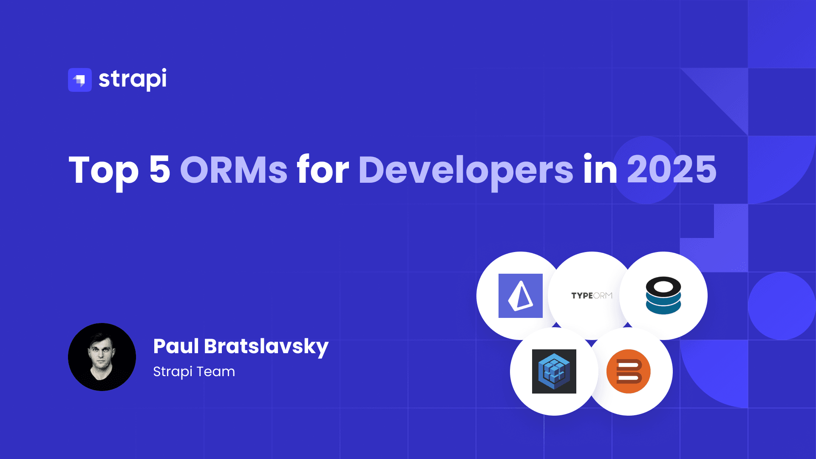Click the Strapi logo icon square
80,80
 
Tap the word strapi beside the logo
133,79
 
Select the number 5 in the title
160,169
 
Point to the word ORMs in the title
234,169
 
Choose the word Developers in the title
466,172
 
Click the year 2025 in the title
671,169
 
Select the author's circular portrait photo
102,357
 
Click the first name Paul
176,346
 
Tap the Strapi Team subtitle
194,371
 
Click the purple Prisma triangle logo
521,296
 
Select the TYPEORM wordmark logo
592,295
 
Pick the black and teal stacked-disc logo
663,295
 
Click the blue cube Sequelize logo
554,371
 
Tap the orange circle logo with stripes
629,371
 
